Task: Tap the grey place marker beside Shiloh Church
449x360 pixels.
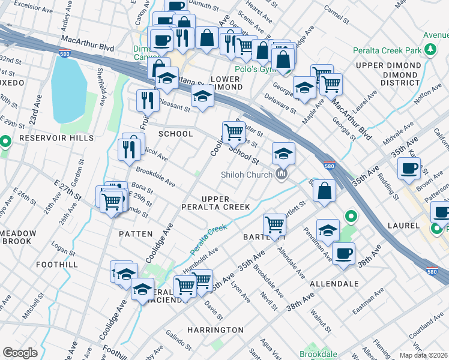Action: tap(280, 175)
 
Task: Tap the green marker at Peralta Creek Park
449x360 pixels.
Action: tap(430, 50)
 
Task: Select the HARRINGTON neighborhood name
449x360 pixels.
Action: tap(215, 330)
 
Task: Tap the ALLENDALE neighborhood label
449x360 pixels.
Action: tap(334, 283)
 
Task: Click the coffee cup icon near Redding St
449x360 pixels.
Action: tap(409, 169)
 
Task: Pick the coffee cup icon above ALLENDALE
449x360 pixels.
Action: tap(343, 253)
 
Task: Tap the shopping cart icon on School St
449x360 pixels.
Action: tap(234, 131)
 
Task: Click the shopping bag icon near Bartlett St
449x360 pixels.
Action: tap(324, 191)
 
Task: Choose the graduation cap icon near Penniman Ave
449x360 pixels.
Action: tap(328, 230)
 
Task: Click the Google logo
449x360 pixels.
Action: tap(20, 353)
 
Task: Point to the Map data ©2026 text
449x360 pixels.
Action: tap(424, 355)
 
